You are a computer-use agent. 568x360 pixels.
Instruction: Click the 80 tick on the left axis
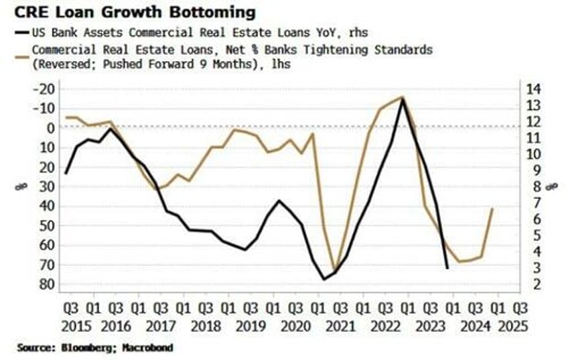tap(47, 284)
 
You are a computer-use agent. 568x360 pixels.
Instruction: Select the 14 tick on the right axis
tap(535, 89)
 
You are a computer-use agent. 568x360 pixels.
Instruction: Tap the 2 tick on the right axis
tap(532, 284)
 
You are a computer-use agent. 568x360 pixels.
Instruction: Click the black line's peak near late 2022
tap(403, 99)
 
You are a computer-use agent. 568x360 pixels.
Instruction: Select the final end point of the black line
tap(447, 268)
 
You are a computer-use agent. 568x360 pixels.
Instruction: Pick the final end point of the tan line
tap(493, 208)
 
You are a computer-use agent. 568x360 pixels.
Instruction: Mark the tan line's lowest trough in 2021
tap(334, 269)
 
